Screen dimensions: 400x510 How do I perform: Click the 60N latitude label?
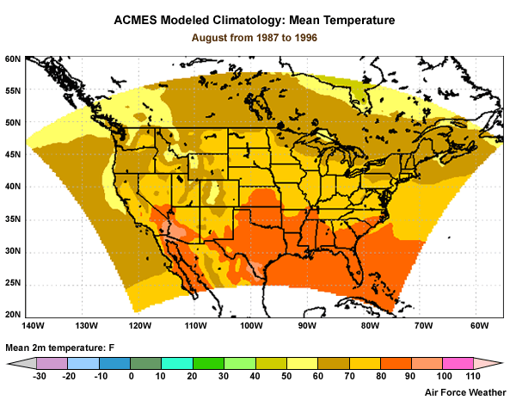12,59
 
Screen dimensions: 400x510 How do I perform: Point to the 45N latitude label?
12,155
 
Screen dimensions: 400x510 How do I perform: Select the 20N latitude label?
12,315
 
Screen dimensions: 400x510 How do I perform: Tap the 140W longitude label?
33,326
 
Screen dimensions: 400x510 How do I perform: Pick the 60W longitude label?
479,326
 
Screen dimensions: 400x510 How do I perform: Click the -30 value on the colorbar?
40,377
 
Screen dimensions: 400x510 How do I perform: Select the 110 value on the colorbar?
470,377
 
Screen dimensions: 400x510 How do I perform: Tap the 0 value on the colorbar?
132,377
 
